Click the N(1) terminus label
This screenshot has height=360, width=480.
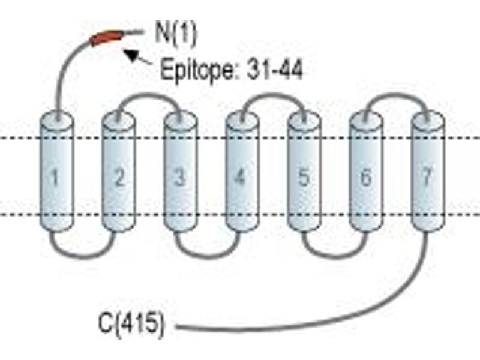[176, 34]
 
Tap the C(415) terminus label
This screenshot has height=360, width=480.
[131, 325]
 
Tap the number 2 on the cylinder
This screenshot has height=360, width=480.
[119, 177]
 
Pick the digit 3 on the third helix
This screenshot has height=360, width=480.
[180, 177]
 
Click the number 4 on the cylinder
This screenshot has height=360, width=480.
[240, 177]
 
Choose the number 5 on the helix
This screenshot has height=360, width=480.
[304, 177]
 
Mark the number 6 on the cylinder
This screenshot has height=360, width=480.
[366, 177]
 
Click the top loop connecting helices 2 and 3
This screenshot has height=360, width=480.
[149, 95]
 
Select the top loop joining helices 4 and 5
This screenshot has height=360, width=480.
[273, 95]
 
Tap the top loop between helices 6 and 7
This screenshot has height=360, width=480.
[397, 95]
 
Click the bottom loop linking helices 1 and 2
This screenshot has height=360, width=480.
[83, 257]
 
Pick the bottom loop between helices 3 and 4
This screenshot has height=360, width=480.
[206, 257]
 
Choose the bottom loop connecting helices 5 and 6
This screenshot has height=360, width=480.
[335, 257]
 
